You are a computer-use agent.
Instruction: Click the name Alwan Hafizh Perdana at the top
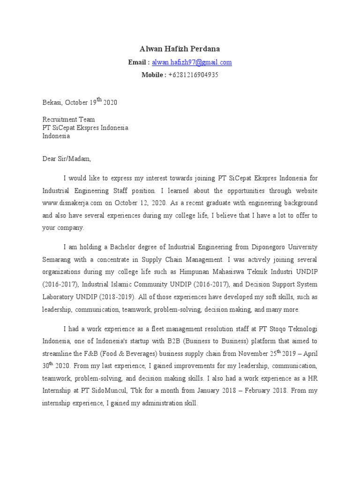180,49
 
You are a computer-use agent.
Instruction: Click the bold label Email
138,62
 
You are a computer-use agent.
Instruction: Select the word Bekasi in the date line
52,103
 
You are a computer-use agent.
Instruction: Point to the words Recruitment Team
68,120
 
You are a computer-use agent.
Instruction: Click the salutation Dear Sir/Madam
67,159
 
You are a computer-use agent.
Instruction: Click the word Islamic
126,285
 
